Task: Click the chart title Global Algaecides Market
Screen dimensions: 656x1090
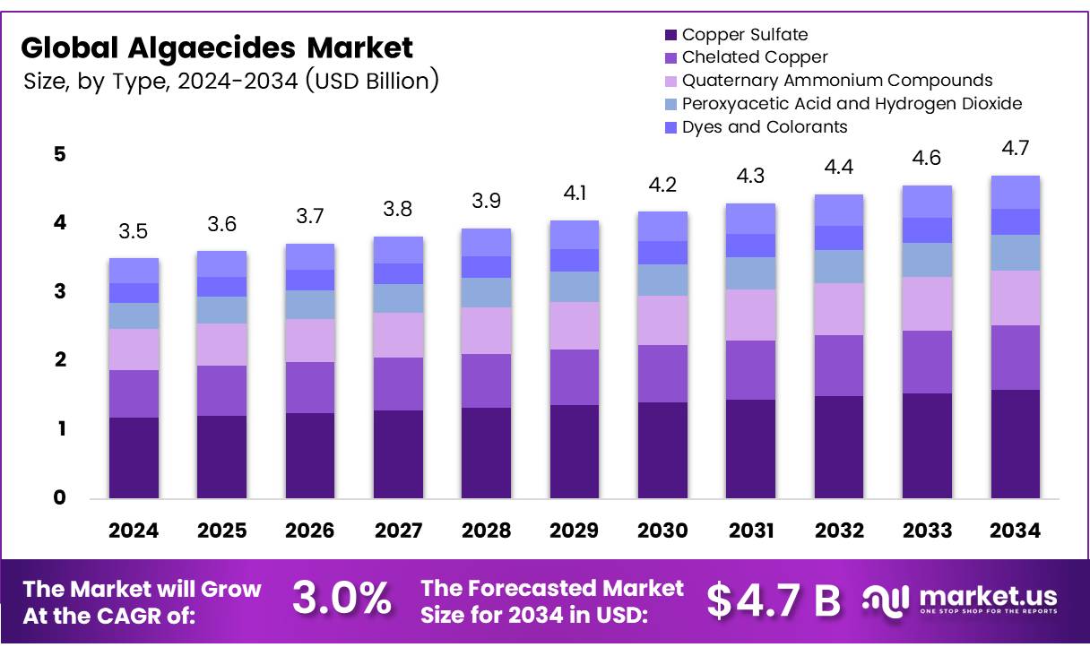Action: coord(217,47)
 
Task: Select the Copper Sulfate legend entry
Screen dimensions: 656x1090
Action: coord(744,35)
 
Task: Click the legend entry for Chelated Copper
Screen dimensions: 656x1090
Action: coord(755,57)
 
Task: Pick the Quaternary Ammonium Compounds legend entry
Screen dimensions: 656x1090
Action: coord(837,81)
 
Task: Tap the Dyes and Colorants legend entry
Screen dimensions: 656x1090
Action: coord(765,127)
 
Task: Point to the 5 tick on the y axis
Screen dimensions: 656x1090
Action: coord(59,154)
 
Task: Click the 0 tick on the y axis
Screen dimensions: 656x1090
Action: coord(59,497)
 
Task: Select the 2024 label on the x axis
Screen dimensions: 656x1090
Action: coord(134,531)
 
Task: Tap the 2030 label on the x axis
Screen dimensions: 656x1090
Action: coord(662,531)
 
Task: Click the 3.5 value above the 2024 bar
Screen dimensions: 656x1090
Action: coord(134,232)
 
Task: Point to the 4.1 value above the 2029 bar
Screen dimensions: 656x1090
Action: coord(575,193)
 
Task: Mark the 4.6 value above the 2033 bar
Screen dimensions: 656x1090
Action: coord(928,158)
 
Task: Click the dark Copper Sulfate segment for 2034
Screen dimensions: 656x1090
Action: coord(1016,444)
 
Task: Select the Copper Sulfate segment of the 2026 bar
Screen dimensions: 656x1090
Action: coord(310,455)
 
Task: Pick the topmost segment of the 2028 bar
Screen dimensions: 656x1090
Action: coord(487,242)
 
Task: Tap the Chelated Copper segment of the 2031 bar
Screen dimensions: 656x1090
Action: coord(751,369)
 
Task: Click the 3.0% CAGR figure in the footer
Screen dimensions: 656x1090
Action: coord(342,600)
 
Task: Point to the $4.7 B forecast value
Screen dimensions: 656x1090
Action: coord(774,600)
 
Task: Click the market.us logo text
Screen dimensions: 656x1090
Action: coord(986,596)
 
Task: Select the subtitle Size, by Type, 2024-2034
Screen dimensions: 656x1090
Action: coord(231,82)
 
